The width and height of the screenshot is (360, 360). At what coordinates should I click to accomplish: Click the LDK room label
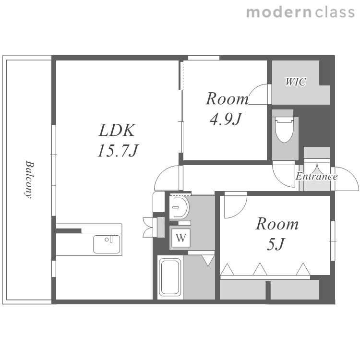117,130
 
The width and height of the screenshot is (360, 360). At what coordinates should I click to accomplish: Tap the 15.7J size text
118,151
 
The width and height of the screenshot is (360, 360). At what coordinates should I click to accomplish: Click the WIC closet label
296,82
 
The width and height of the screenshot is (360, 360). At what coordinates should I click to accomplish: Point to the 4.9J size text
226,119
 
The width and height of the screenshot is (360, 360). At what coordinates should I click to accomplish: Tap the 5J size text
276,244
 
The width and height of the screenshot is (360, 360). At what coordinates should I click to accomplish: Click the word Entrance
316,176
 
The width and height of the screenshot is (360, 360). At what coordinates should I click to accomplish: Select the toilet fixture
285,129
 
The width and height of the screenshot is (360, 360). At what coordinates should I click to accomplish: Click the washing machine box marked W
181,238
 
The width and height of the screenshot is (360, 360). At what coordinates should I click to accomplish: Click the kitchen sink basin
107,244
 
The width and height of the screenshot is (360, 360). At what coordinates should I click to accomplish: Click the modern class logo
300,12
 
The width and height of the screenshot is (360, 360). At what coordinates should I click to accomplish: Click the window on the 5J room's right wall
333,241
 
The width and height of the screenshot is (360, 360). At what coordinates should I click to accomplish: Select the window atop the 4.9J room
204,58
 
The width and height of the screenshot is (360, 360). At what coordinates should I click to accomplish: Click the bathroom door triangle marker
208,260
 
